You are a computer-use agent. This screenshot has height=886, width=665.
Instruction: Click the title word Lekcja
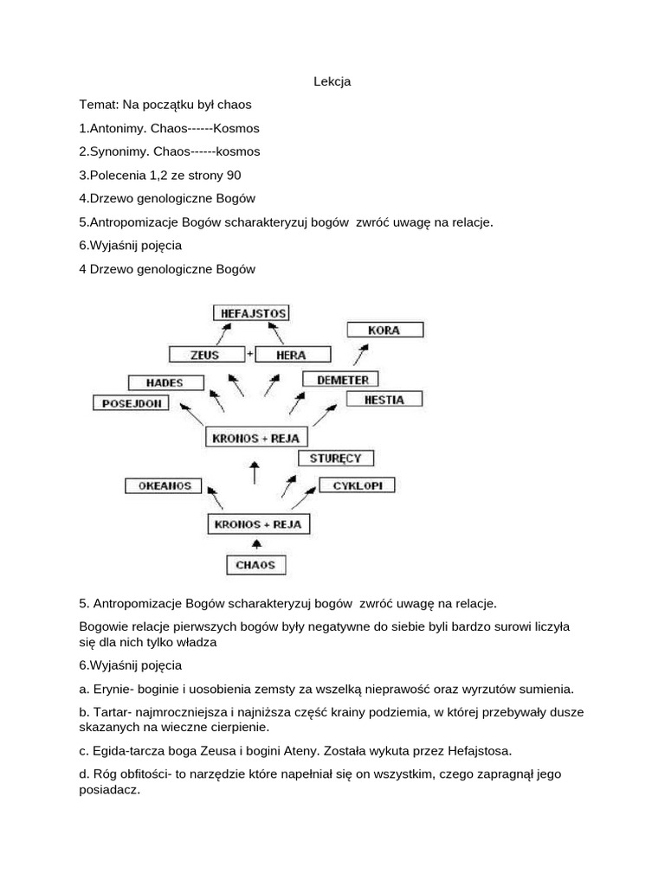332,81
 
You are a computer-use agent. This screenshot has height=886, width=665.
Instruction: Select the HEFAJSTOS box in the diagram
250,313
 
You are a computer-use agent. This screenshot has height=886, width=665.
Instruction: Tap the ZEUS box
205,354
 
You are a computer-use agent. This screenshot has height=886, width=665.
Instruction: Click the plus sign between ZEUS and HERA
250,353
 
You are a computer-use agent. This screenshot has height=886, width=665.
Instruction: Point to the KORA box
384,330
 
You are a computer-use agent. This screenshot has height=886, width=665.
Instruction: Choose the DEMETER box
341,379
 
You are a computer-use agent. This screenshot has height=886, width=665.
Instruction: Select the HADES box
165,382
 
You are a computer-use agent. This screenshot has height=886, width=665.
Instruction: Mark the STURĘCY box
335,458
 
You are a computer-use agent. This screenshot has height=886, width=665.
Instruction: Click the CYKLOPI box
357,485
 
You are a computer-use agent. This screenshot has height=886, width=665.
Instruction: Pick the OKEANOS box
165,485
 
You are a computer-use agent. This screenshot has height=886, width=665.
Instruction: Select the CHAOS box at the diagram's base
255,565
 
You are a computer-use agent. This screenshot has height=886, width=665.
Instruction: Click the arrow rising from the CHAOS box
255,543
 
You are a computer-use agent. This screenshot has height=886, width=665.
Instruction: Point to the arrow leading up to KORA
360,354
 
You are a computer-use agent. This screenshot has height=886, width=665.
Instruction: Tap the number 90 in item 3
234,175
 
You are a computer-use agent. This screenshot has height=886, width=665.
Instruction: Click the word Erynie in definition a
108,689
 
